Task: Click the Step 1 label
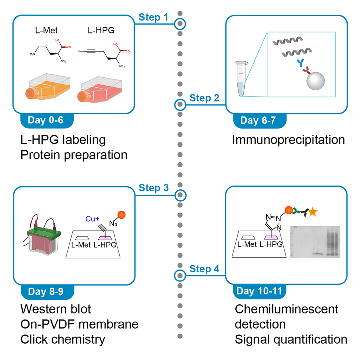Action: pyautogui.click(x=153, y=17)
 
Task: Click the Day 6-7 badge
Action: pyautogui.click(x=258, y=120)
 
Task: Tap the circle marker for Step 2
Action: pyautogui.click(x=180, y=105)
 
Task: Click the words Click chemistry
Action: pyautogui.click(x=63, y=339)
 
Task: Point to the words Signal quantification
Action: pyautogui.click(x=291, y=339)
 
